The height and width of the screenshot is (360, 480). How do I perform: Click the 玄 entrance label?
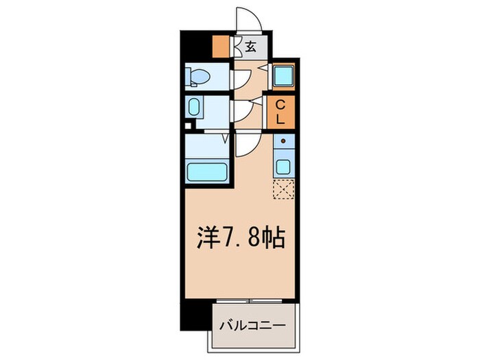tap(251, 47)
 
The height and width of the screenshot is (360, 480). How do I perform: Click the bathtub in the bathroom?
tap(207, 171)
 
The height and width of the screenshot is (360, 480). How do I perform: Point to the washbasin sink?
tap(194, 108)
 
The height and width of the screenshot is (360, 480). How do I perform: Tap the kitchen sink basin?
tap(283, 165)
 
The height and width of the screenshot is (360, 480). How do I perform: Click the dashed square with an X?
tap(283, 189)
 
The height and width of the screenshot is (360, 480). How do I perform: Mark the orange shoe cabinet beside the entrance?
tap(221, 47)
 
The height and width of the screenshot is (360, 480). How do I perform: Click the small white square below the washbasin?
tap(189, 126)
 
